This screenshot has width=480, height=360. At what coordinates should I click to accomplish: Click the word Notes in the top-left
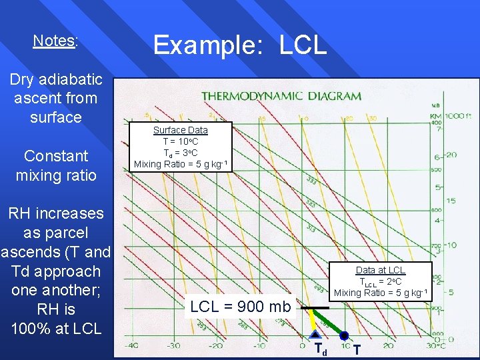[54, 41]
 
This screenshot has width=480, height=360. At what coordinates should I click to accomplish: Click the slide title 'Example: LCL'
[240, 45]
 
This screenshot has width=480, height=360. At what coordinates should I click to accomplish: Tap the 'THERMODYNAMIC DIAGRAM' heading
[281, 96]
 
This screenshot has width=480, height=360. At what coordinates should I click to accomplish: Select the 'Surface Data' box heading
[180, 130]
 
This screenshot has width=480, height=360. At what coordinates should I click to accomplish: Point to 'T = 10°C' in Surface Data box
[180, 141]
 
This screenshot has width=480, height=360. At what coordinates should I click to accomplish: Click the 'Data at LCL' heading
[380, 270]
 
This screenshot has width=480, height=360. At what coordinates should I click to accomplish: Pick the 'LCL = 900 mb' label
[240, 307]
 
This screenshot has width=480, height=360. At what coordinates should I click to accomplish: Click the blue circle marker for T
[344, 335]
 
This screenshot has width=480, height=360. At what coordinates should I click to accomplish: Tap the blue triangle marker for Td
[315, 335]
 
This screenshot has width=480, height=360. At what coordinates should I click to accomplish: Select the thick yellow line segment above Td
[311, 320]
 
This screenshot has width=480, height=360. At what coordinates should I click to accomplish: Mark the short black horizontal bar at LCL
[313, 308]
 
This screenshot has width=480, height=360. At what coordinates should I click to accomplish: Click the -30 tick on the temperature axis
[173, 345]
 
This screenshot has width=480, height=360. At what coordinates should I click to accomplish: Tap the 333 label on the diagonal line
[311, 180]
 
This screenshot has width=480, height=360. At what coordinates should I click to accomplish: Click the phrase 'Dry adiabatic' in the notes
[56, 79]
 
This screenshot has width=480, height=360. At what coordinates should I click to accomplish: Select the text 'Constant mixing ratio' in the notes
[56, 165]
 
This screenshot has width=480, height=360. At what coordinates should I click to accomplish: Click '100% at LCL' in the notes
[56, 329]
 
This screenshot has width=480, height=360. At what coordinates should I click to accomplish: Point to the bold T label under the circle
[357, 349]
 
